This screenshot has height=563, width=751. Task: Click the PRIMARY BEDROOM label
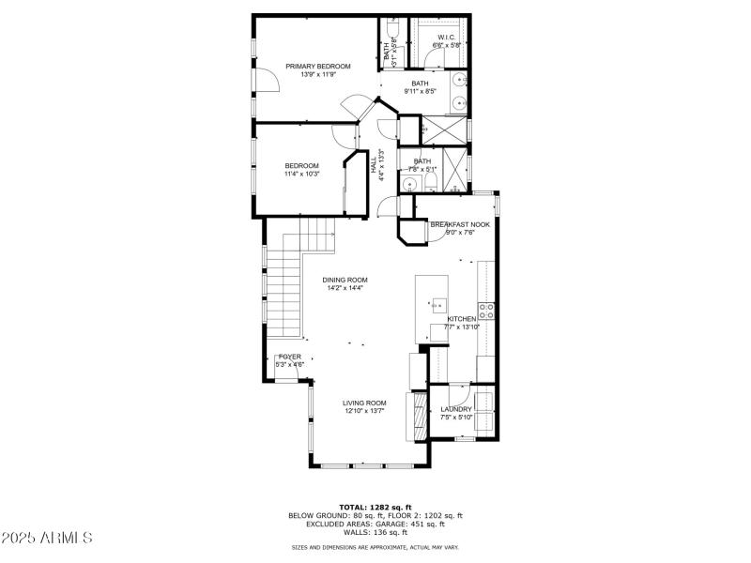point(318,66)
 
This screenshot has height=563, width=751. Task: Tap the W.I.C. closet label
point(446,38)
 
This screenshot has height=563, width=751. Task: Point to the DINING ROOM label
point(345,280)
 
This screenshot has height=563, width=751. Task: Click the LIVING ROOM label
point(364,403)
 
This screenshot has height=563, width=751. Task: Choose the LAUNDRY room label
point(456,409)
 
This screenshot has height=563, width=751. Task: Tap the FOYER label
point(290,357)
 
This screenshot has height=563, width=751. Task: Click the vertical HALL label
point(373,167)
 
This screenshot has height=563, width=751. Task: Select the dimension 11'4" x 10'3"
point(302,174)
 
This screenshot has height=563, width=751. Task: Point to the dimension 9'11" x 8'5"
point(420,91)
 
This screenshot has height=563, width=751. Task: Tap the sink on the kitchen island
point(437,304)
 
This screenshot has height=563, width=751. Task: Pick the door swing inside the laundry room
point(457,393)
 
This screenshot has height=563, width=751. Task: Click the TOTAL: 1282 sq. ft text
point(375,507)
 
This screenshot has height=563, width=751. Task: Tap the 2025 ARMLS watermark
point(47,538)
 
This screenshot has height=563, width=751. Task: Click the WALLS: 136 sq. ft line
point(375,532)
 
